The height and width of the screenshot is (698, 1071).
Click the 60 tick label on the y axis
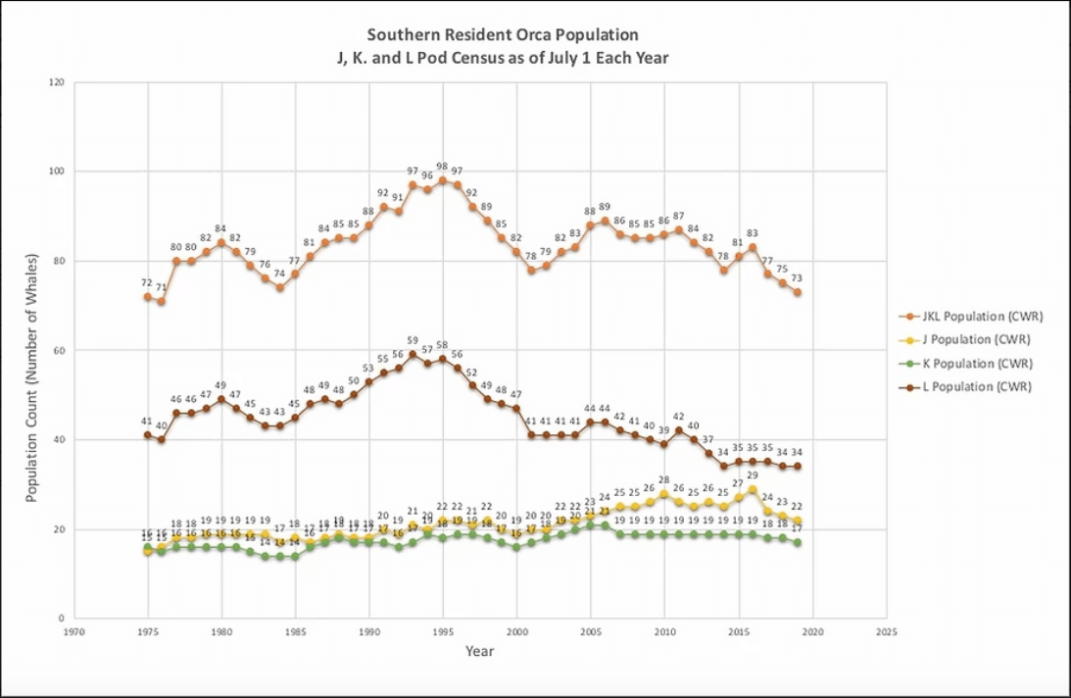57,350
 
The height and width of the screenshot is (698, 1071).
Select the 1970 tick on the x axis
73,632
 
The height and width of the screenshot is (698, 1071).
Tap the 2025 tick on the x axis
887,632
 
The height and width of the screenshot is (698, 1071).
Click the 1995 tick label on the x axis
443,632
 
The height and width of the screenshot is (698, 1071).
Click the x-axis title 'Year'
480,651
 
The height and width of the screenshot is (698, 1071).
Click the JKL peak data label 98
443,167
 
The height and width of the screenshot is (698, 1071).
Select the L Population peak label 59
413,341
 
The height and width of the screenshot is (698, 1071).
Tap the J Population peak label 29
753,475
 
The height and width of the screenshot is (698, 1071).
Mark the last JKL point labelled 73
798,292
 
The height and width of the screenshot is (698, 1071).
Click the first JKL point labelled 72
148,297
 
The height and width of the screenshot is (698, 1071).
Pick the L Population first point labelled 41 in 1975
148,434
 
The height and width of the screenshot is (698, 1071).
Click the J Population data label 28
664,480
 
